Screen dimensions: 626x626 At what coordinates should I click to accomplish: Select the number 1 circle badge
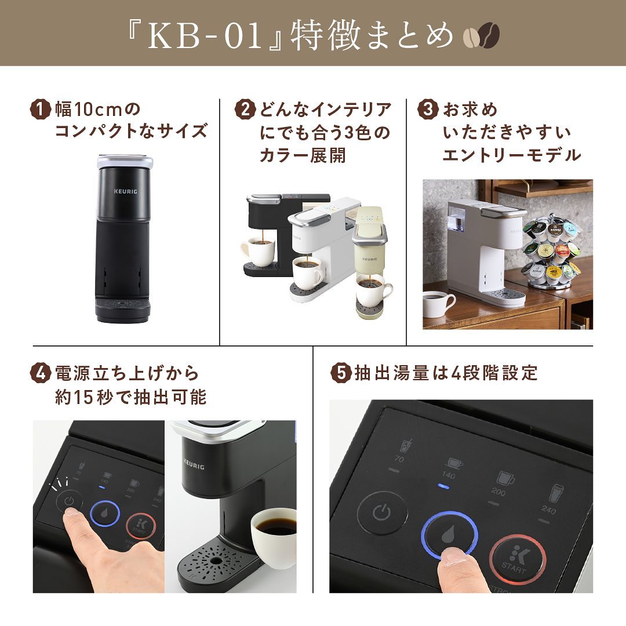coord(40,109)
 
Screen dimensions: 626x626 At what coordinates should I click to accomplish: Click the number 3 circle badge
coord(428,109)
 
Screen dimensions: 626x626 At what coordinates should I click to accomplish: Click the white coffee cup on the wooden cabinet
coord(439,304)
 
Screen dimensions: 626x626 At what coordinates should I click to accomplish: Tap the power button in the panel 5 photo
coord(380,512)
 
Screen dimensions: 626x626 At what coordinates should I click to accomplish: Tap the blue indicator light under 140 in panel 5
coord(444,486)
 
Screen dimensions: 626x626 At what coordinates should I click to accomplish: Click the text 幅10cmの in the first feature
coord(98,109)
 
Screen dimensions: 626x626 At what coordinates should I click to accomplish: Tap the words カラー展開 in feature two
coord(303,156)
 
